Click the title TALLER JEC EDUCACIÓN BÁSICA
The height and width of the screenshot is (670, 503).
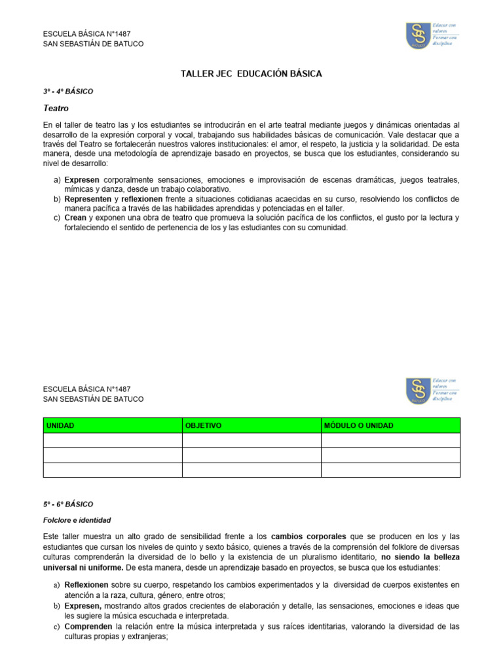pos(251,74)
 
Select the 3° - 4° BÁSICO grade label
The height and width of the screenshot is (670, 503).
pos(67,92)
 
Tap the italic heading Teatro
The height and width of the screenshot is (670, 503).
pos(56,108)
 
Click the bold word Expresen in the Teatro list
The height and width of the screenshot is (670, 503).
pos(82,180)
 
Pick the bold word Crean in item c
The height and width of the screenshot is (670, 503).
pos(75,218)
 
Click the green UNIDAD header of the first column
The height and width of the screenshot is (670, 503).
pos(60,426)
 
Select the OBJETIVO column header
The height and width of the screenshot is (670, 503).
pos(204,426)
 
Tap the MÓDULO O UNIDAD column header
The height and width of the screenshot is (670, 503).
pos(359,426)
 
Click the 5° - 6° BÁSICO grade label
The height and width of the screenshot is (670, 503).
pos(67,504)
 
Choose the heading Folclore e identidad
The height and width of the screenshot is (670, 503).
pos(77,520)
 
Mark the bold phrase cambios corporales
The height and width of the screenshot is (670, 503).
pos(308,536)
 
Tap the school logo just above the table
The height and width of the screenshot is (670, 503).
pos(419,391)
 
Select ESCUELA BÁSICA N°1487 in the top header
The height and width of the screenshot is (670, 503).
pos(86,33)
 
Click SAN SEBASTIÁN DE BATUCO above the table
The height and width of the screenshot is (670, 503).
pos(93,399)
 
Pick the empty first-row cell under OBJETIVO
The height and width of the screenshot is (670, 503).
pos(251,440)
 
